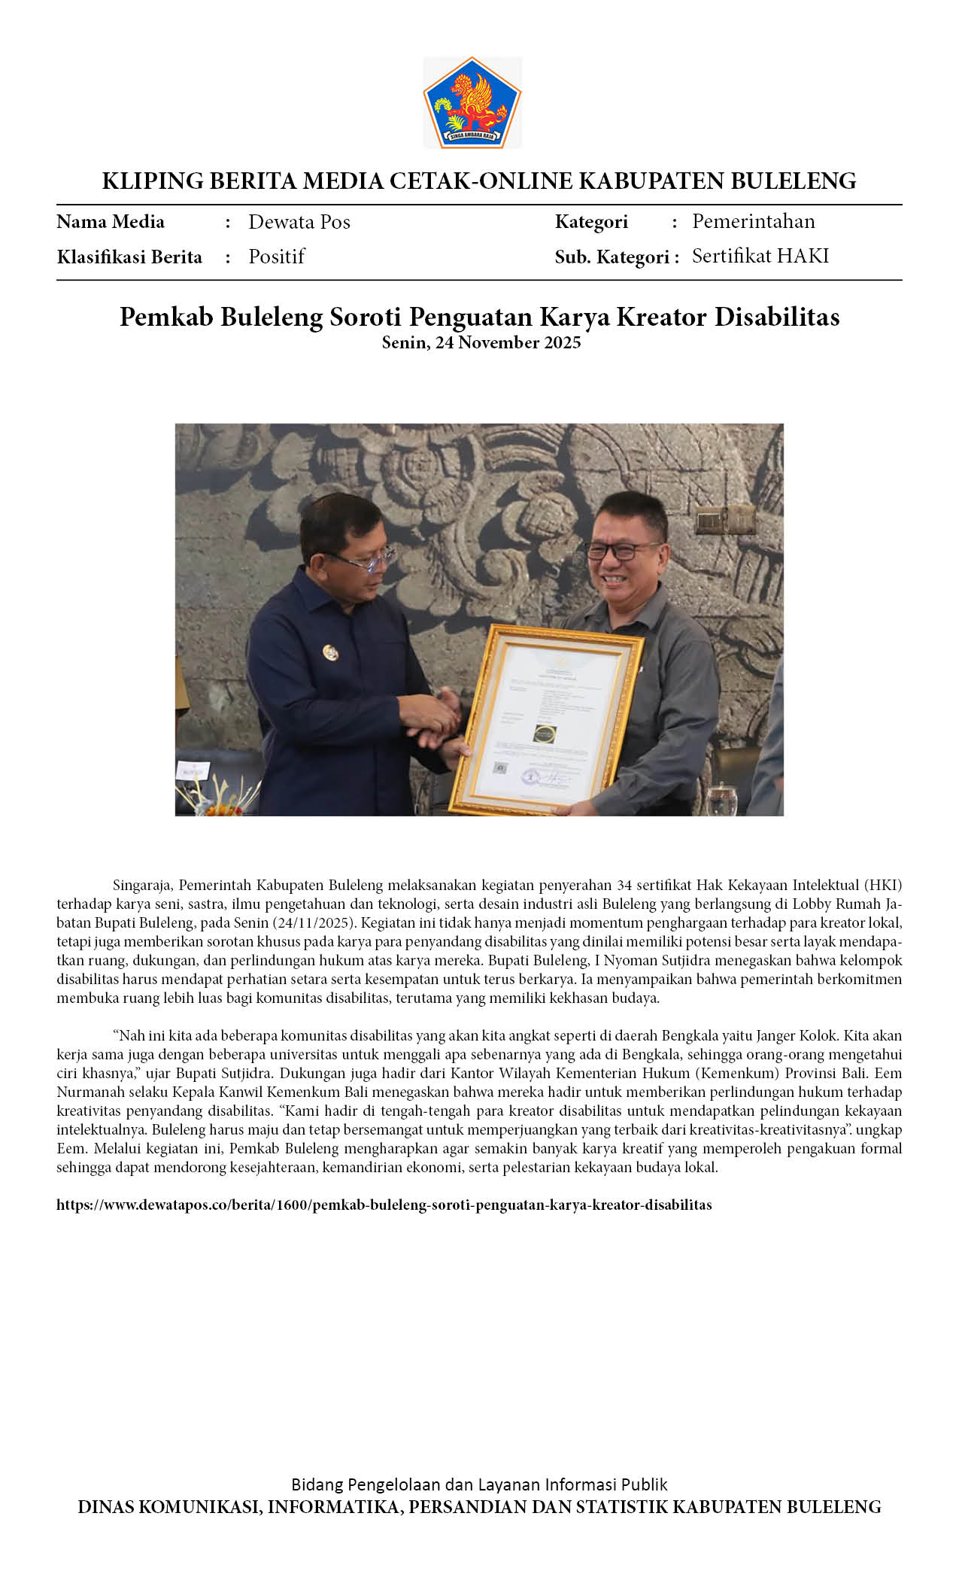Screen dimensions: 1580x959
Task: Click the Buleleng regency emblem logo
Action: click(472, 102)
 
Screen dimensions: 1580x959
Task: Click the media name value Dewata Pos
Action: click(299, 222)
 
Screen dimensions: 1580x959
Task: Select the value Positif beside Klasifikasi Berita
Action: click(276, 257)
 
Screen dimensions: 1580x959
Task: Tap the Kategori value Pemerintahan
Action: click(753, 221)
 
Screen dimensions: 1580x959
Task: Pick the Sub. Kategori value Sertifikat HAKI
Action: click(760, 256)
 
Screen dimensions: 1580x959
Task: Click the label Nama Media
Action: click(111, 222)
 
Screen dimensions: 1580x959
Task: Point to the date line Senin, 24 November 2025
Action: click(481, 343)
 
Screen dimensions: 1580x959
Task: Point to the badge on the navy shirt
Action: click(329, 651)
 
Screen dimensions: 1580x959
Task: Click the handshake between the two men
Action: click(432, 715)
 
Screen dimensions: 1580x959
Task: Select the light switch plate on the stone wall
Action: click(724, 520)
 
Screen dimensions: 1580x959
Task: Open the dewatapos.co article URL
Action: click(384, 1205)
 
